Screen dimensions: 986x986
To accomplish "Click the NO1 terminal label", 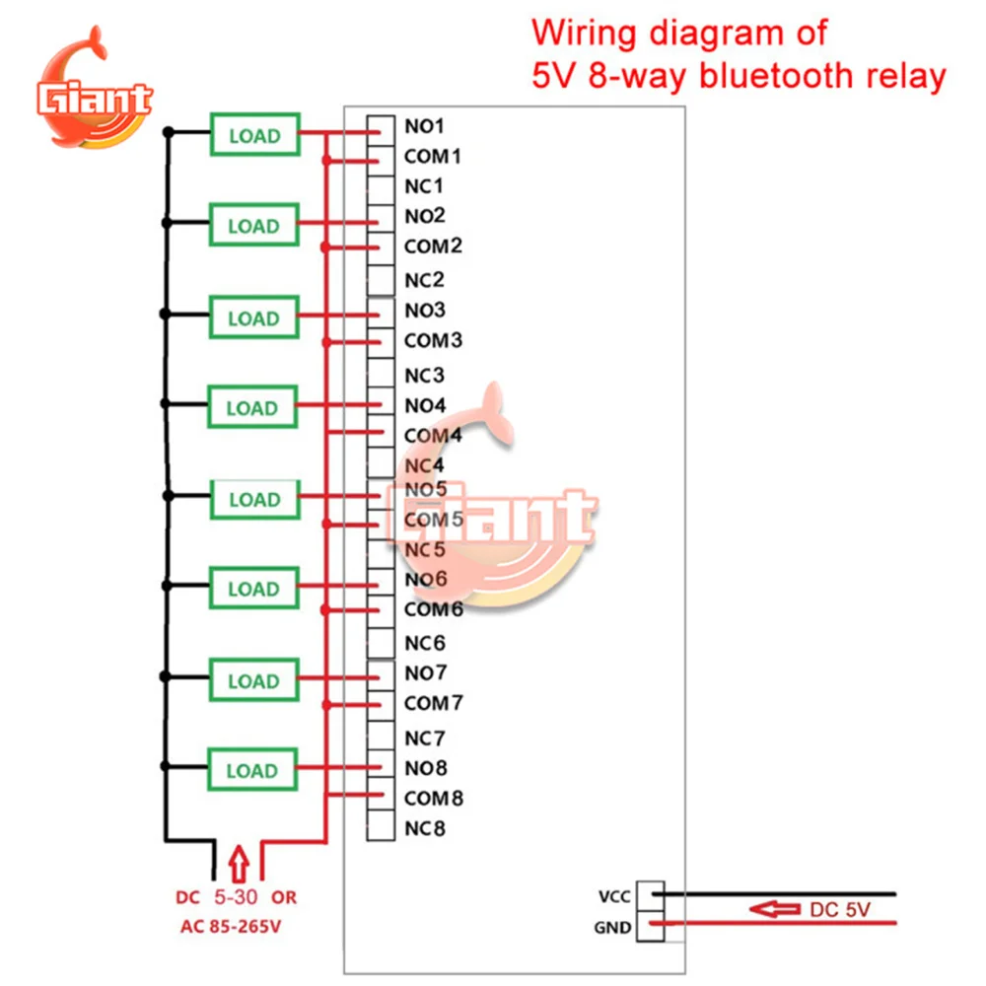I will click(425, 126).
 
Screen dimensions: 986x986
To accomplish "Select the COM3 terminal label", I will click(433, 341).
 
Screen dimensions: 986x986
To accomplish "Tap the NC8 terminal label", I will click(425, 828).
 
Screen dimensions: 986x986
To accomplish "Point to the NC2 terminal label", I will click(425, 280).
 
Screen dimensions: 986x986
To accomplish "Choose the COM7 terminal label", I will click(433, 704).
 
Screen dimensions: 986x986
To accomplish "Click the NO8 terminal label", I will click(425, 768).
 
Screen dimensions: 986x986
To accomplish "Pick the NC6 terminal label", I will click(425, 644).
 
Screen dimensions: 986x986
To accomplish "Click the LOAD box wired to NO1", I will click(253, 136).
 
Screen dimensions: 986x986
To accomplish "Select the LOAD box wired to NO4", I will click(253, 407).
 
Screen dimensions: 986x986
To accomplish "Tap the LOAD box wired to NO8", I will click(253, 771).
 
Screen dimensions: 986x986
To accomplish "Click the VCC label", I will click(613, 897).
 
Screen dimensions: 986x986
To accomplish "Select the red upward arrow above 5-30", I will click(238, 863).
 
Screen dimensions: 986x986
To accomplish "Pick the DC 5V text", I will click(840, 910).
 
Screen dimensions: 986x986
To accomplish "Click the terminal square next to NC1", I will click(380, 186).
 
